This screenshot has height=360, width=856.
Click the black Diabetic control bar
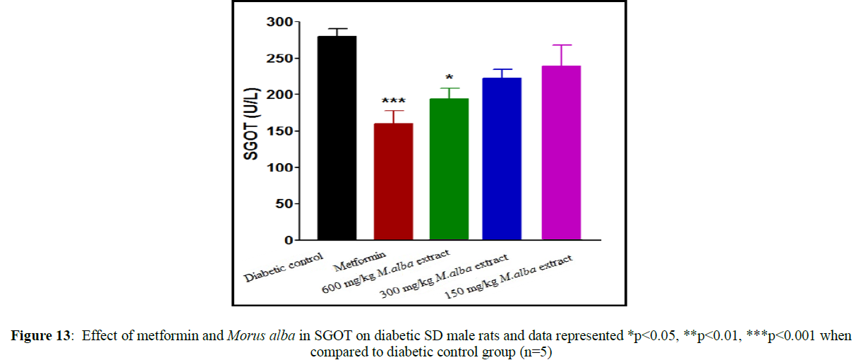click(337, 138)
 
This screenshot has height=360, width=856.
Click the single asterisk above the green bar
click(449, 78)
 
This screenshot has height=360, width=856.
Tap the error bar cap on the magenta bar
click(561, 45)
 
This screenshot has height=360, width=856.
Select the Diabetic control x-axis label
click(284, 266)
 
